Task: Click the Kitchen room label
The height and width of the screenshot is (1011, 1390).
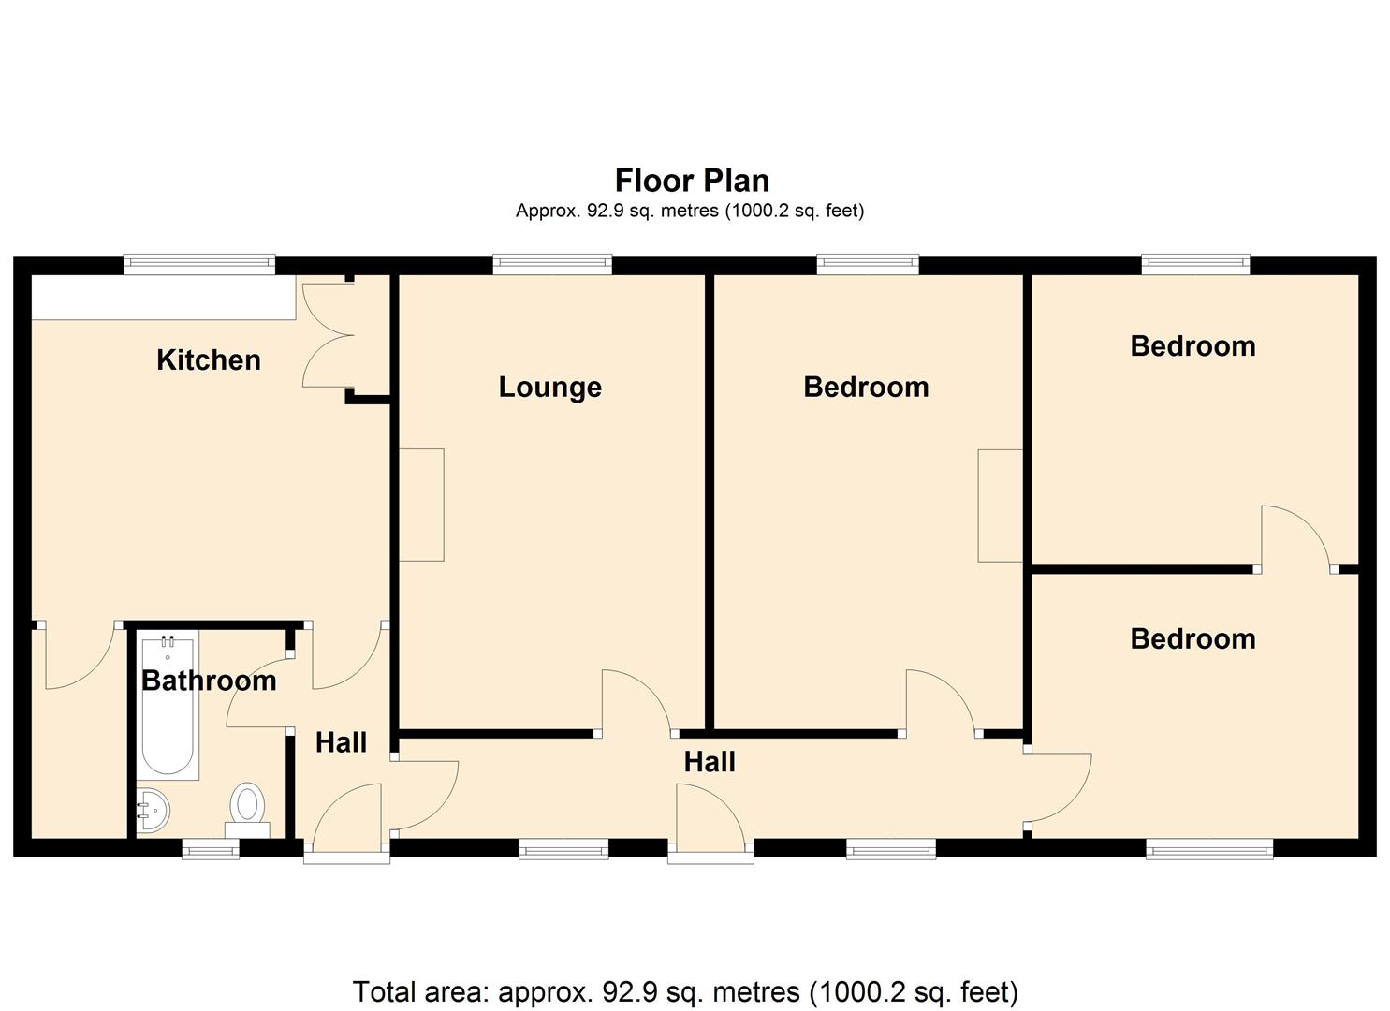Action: point(209,360)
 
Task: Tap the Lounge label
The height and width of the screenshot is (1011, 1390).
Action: point(549,388)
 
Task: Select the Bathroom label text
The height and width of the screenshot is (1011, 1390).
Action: point(209,681)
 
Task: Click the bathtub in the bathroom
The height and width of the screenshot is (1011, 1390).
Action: point(168,705)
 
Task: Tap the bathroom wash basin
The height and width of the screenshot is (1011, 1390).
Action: point(152,810)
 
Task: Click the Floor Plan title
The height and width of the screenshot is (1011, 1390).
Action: point(692,181)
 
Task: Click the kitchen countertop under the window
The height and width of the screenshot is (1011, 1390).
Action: point(163,298)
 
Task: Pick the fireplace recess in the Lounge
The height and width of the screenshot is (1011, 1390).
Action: point(421,505)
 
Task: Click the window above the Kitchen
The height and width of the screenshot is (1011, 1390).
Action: point(199,264)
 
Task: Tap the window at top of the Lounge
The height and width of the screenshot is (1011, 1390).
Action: point(552,264)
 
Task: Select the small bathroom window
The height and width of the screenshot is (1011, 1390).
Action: point(211,848)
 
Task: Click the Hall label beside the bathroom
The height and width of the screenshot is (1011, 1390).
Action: point(341,742)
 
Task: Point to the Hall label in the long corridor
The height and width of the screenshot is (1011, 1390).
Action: point(710,761)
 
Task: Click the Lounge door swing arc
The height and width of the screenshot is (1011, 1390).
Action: point(647,688)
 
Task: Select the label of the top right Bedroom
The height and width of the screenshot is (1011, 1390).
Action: point(1192,346)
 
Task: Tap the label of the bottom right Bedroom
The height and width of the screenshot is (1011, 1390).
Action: point(1192,639)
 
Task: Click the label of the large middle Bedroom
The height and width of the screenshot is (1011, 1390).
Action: point(866,388)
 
